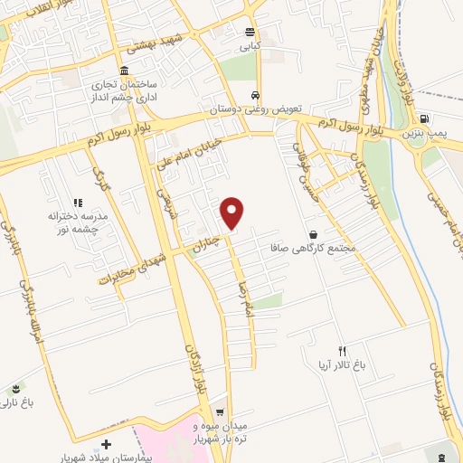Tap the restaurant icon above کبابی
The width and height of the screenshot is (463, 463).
(x=249, y=31)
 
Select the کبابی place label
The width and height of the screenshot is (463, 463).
(x=249, y=44)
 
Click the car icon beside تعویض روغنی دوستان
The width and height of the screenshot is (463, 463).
(x=256, y=95)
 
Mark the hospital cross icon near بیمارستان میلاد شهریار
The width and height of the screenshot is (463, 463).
(x=108, y=444)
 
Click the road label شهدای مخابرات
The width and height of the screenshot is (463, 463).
(x=133, y=266)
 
